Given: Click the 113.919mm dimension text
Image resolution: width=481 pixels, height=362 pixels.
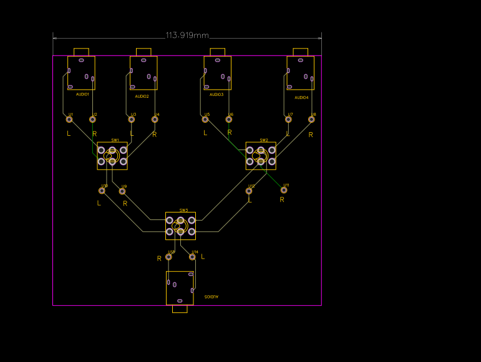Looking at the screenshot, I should point(187,36).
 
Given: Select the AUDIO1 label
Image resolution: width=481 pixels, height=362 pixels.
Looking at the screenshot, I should point(82,94).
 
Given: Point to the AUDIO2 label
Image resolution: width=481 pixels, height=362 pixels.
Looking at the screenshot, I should point(142,97).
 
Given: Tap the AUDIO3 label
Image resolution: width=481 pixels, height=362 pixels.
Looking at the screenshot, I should point(216,95).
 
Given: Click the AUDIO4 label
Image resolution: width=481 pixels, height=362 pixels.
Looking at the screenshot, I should point(302,98).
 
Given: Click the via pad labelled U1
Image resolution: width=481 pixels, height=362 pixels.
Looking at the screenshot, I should point(69,119).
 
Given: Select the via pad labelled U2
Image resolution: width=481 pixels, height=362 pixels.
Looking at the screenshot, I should point(93,119).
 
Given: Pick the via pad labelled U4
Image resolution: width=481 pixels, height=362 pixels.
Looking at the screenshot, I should point(155,119).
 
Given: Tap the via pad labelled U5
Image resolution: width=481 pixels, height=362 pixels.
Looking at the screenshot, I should point(205,119).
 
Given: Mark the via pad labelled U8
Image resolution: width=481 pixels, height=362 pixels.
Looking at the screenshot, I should point(311,118).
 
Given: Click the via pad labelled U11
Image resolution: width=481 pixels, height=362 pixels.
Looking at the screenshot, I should point(284,190).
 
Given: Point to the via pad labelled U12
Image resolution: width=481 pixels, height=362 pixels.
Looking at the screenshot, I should point(250,191).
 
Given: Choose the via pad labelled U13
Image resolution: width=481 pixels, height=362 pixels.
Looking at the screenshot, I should point(168,257).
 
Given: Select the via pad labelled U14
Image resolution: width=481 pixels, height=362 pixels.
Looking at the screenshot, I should point(192,257).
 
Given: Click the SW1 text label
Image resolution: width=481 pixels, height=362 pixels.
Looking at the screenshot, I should point(115,140).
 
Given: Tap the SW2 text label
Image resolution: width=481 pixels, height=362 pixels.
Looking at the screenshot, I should point(264,140).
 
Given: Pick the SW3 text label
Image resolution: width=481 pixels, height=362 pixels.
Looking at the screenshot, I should point(183,211).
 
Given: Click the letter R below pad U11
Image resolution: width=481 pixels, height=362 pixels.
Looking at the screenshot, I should point(282,200).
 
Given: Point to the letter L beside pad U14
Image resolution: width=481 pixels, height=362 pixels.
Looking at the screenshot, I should point(203,257).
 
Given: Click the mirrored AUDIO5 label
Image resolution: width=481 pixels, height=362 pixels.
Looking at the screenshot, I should point(212,297).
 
